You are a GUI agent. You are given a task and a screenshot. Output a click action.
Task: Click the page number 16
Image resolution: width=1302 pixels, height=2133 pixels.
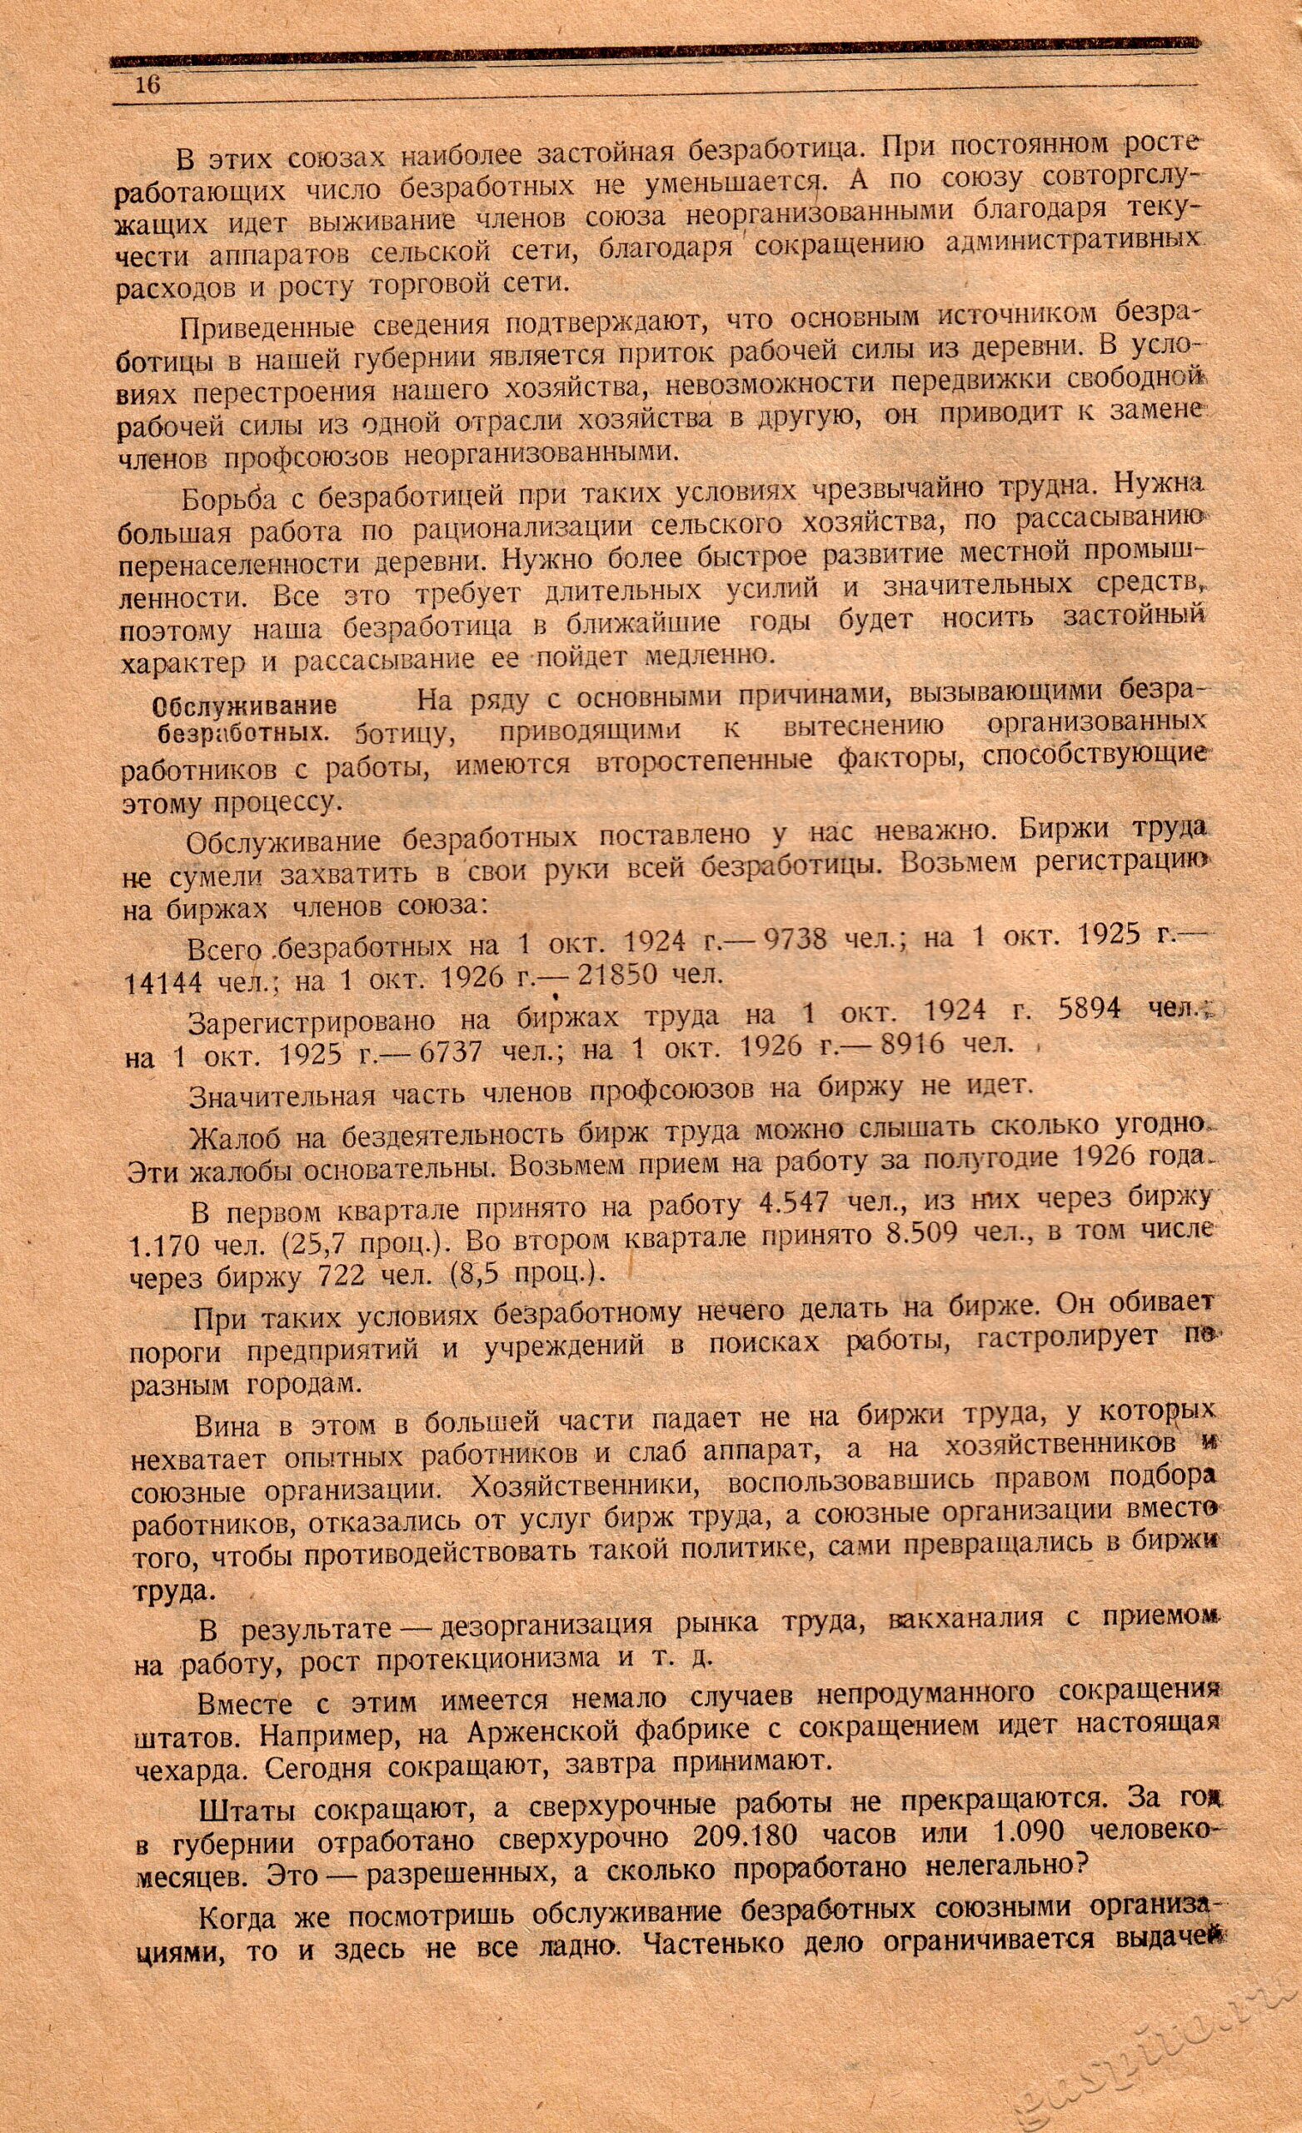click(x=147, y=87)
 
